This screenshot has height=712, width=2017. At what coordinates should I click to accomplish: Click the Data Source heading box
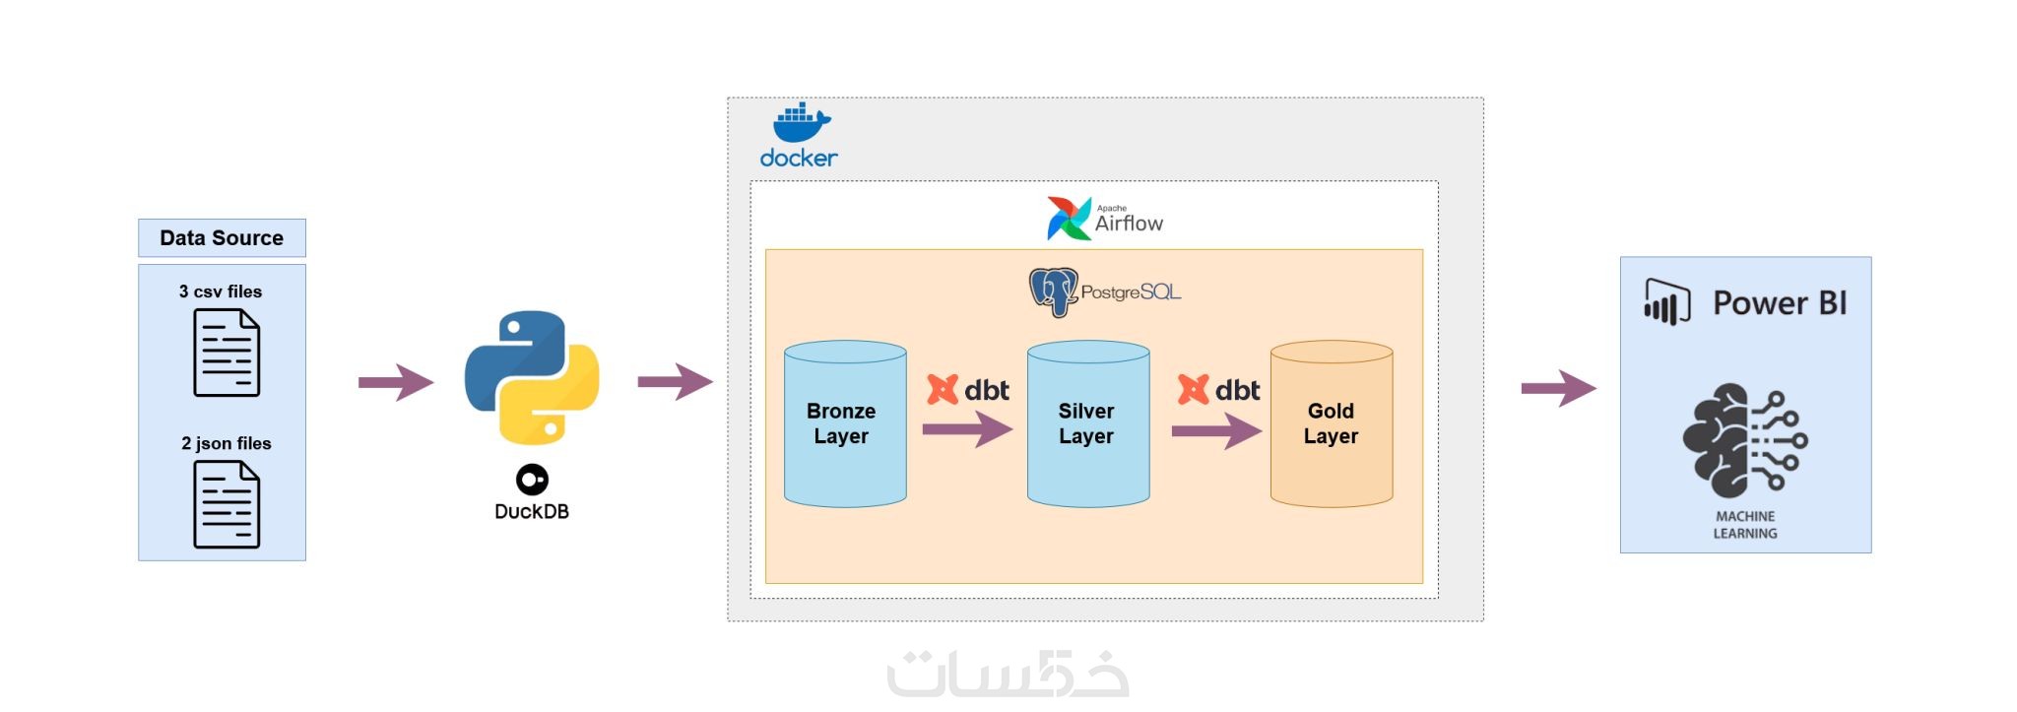pyautogui.click(x=222, y=238)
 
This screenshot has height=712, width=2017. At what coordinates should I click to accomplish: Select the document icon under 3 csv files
pyautogui.click(x=227, y=353)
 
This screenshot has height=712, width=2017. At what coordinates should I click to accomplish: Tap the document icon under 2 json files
pyautogui.click(x=227, y=504)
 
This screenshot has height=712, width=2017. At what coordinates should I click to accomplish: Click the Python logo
pyautogui.click(x=532, y=378)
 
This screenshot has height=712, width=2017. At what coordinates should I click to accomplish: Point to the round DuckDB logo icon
pyautogui.click(x=532, y=480)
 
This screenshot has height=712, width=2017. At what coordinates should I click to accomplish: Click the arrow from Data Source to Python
pyautogui.click(x=396, y=382)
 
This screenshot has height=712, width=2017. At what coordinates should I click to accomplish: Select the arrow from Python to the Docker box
pyautogui.click(x=676, y=381)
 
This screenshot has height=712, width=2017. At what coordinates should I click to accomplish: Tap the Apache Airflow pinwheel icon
pyautogui.click(x=1069, y=219)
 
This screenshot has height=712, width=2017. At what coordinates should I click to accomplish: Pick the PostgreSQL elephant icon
pyautogui.click(x=1053, y=292)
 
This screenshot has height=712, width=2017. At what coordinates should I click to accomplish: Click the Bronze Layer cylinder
pyautogui.click(x=845, y=423)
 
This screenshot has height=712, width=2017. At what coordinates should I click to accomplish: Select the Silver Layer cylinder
pyautogui.click(x=1088, y=423)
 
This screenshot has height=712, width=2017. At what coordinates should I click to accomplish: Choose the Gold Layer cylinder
pyautogui.click(x=1332, y=423)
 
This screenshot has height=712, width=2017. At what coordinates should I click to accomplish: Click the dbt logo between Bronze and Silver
pyautogui.click(x=943, y=390)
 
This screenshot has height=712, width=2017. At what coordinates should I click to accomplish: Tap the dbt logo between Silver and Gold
pyautogui.click(x=1193, y=390)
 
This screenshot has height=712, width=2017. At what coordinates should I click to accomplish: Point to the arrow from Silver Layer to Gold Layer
pyautogui.click(x=1216, y=430)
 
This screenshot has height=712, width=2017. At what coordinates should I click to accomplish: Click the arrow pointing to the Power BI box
pyautogui.click(x=1558, y=388)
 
